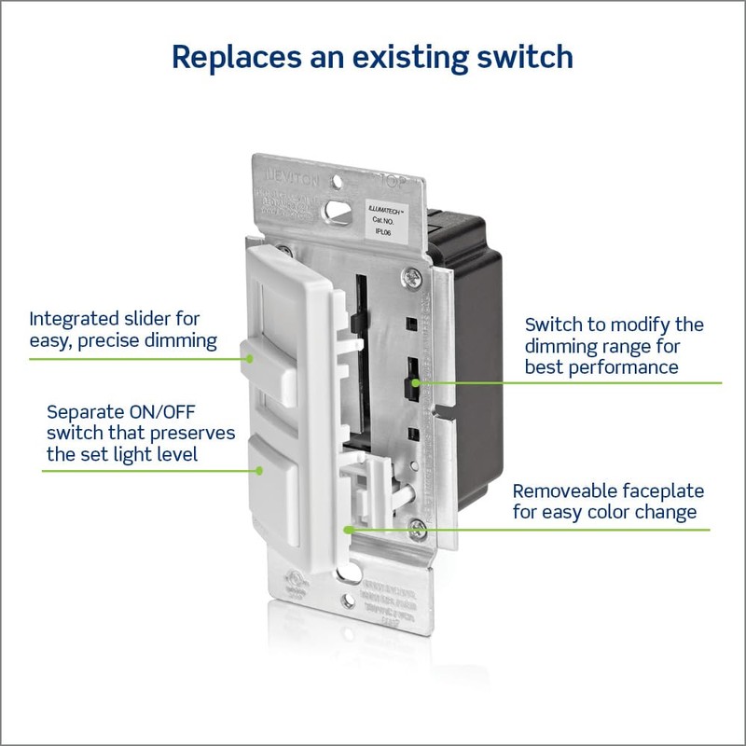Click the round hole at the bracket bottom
click(x=349, y=603)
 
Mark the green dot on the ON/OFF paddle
click(x=263, y=470)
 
